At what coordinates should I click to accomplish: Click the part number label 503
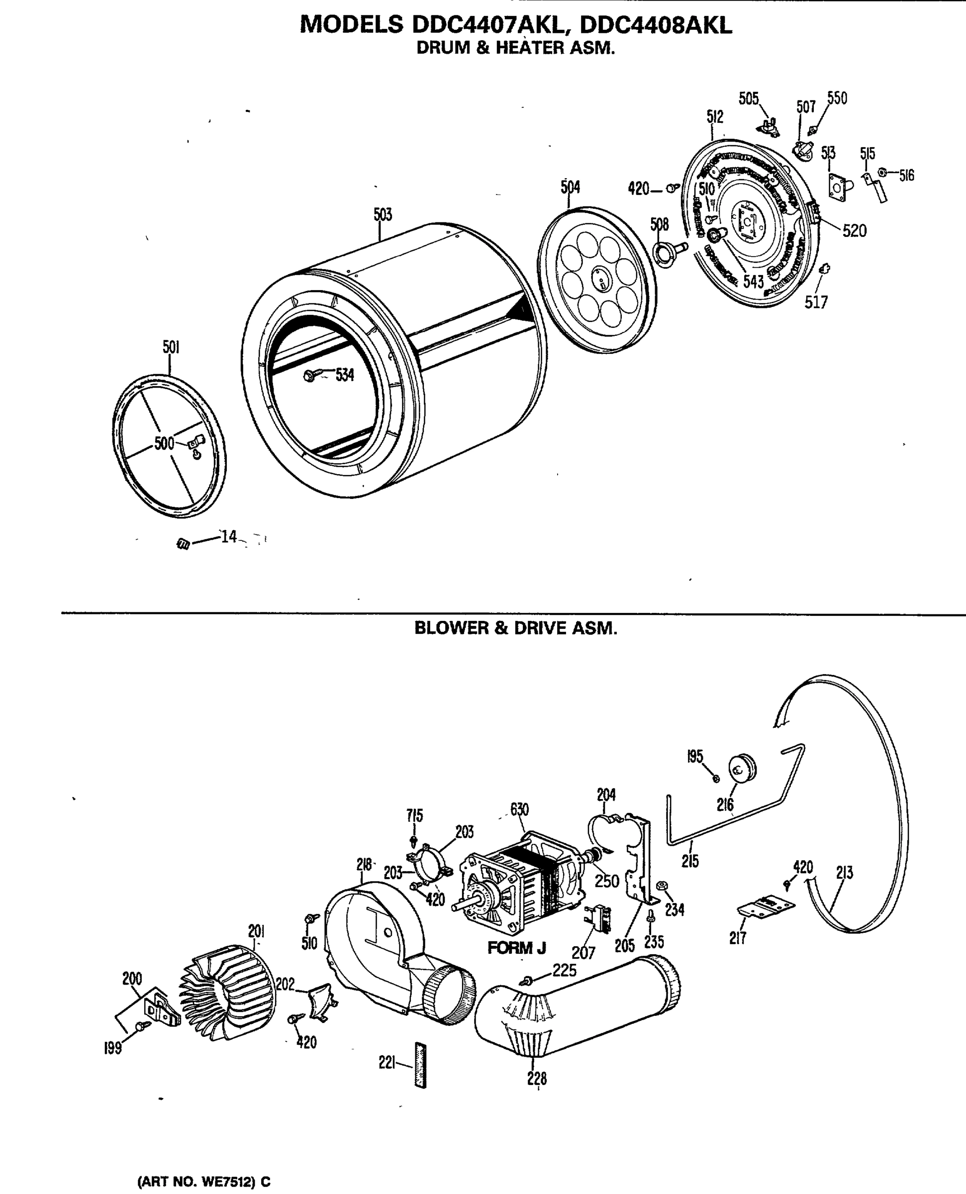pos(383,215)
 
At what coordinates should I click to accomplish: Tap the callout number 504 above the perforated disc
pos(570,188)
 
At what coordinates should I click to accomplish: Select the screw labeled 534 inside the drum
pos(310,376)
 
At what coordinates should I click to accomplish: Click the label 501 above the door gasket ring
pos(171,347)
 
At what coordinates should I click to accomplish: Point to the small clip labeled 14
pos(183,544)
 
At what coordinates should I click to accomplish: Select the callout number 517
pos(816,302)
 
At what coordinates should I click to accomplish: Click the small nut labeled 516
pos(882,173)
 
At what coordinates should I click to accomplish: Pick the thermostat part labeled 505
pos(771,127)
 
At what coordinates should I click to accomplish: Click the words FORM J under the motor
pos(516,948)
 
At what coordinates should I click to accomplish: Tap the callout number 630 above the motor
pos(519,809)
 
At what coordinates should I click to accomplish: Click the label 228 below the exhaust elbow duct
pos(537,1078)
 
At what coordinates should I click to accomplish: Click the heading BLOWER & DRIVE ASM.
pos(516,628)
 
